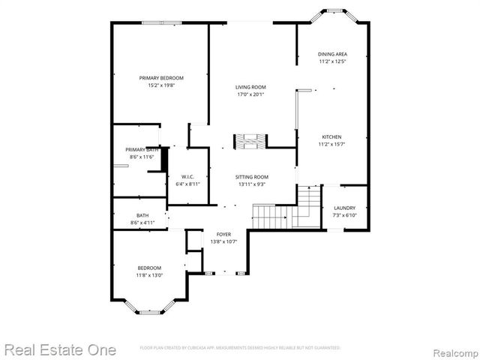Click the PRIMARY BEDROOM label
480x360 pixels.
[161, 78]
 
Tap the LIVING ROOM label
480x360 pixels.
[251, 88]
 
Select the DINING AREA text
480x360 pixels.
[332, 54]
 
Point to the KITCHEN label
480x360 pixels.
[332, 137]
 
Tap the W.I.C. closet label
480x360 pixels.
[187, 177]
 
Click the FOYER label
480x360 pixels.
[224, 235]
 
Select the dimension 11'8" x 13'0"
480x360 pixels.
[149, 275]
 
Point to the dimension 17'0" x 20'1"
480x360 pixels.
[251, 95]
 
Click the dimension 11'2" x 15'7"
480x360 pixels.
[332, 144]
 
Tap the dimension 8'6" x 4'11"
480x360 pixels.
[142, 223]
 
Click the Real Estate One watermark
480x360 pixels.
[60, 349]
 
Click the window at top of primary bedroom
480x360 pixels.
[161, 22]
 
